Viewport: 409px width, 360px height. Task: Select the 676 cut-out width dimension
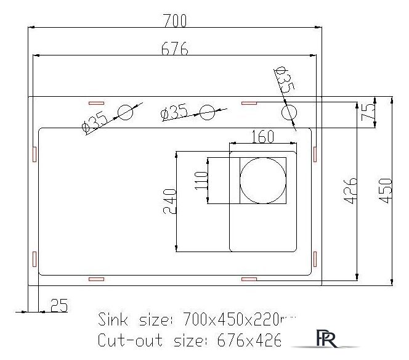click(x=175, y=47)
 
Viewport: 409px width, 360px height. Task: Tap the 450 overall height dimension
click(x=386, y=190)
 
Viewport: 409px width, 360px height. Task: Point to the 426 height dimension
click(x=350, y=190)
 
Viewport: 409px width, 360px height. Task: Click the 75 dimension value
click(x=368, y=112)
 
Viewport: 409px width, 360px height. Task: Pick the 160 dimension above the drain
click(x=263, y=138)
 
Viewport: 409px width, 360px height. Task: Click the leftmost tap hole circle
click(x=127, y=113)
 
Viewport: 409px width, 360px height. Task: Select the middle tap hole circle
click(x=208, y=113)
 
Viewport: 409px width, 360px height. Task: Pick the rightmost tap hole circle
click(x=288, y=113)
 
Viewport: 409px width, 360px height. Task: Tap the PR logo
click(x=325, y=338)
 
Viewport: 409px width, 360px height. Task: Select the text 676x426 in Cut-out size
click(x=241, y=340)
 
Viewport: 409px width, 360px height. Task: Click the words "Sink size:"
click(x=136, y=319)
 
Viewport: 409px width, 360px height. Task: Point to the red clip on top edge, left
click(x=96, y=102)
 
